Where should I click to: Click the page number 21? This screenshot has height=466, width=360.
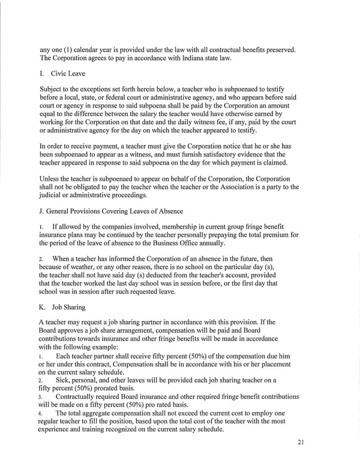click(x=301, y=443)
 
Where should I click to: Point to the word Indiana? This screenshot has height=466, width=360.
click(x=176, y=58)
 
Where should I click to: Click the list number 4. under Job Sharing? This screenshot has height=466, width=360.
click(x=41, y=414)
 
